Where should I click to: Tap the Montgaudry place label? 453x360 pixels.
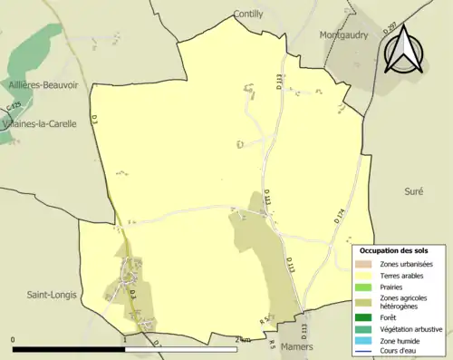click(349, 35)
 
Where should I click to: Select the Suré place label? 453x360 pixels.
click(415, 192)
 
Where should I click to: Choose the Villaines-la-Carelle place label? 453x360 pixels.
click(39, 123)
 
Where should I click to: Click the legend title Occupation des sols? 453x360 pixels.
click(393, 249)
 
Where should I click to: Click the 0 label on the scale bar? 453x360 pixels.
click(14, 341)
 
